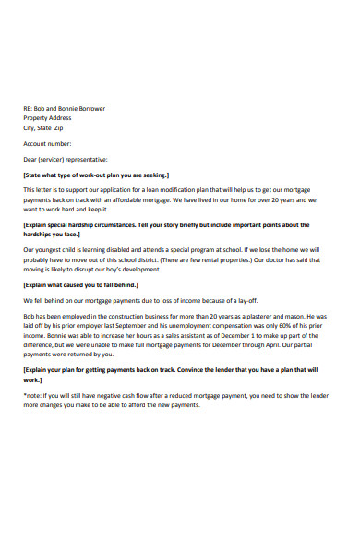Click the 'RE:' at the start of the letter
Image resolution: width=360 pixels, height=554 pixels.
tap(28, 108)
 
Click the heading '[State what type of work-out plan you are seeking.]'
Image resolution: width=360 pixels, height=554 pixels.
tap(96, 174)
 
